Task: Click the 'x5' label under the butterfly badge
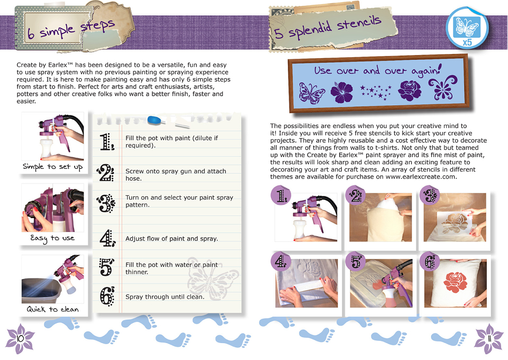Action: click(467, 42)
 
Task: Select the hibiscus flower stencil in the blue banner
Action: click(342, 92)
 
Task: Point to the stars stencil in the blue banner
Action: click(376, 92)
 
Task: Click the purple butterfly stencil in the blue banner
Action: click(311, 93)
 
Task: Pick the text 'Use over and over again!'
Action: click(378, 70)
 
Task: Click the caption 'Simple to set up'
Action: click(52, 167)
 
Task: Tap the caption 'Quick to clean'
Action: click(52, 309)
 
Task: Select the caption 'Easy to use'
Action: click(52, 238)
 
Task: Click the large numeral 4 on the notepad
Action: click(107, 238)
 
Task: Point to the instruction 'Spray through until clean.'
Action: click(165, 297)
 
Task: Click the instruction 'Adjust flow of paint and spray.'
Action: click(171, 239)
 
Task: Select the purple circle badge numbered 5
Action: click(356, 261)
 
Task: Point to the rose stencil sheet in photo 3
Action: click(456, 223)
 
